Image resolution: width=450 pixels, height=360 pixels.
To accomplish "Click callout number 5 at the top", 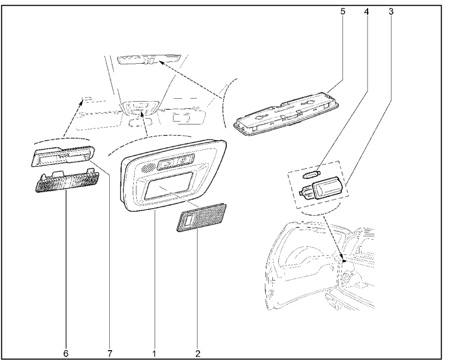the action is point(342,12).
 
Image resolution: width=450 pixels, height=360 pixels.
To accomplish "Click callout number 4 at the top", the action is point(366,12).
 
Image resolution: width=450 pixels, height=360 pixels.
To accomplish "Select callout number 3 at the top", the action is point(391,12).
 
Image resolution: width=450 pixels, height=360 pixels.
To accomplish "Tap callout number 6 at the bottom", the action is point(66,353).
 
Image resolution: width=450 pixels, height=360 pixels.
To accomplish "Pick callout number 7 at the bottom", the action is point(110,353).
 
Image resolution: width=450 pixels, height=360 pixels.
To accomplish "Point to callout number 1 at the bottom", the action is point(154,353).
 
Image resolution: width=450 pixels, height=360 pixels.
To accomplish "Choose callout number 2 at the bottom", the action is point(198,353).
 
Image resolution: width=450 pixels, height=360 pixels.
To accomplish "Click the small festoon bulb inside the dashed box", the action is point(312,174).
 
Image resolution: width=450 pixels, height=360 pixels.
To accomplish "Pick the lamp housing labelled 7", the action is point(63,156).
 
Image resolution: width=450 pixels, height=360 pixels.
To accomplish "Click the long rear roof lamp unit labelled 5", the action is point(287,115).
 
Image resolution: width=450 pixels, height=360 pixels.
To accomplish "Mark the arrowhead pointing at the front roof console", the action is point(142,115).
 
